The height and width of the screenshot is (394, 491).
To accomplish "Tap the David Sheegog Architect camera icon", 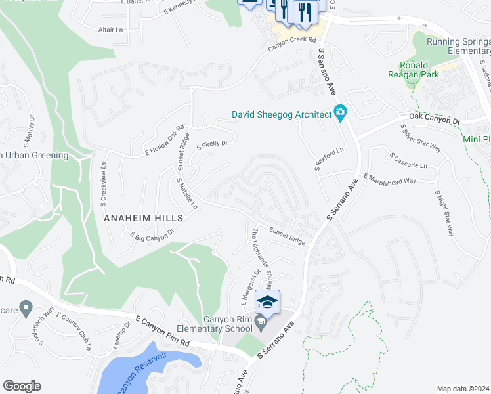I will (340, 114).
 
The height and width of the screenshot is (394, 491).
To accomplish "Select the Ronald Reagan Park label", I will (414, 70).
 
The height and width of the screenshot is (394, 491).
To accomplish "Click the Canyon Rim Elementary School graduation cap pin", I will (267, 302).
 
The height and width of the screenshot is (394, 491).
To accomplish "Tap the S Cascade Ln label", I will (408, 161).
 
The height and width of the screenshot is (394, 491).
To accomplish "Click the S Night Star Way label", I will (444, 213).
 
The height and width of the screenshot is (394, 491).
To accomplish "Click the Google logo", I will (22, 386).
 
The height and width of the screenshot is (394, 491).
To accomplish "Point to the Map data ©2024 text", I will (462, 389).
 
